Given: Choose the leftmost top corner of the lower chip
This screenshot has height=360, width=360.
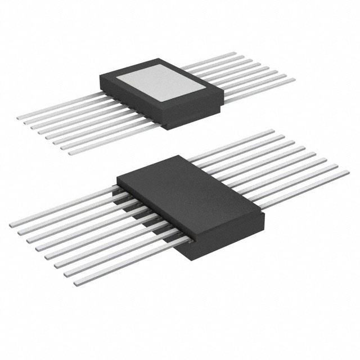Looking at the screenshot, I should (117, 180).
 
